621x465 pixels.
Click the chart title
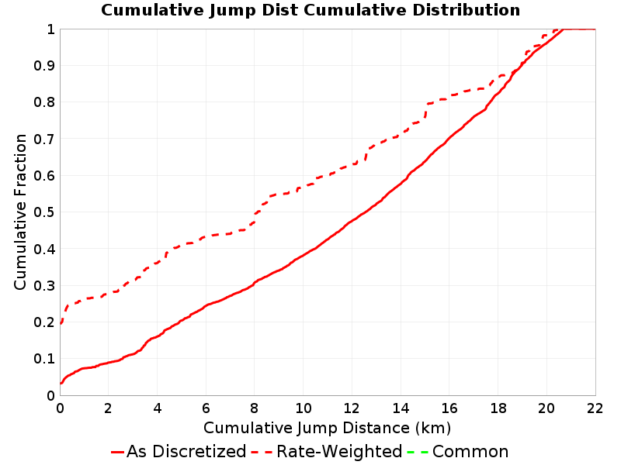[x=310, y=10]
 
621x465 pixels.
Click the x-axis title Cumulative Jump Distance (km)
[x=327, y=428]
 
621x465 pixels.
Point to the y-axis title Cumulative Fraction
[x=20, y=212]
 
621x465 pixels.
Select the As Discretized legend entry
[x=179, y=452]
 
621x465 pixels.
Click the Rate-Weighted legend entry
[x=327, y=452]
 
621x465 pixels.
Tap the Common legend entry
[x=457, y=452]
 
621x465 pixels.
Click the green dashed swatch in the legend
[x=418, y=452]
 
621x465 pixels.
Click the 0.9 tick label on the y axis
[x=44, y=65]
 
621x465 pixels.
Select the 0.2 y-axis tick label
[x=44, y=322]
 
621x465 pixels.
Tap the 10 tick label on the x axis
[x=303, y=408]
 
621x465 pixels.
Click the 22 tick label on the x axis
[x=595, y=408]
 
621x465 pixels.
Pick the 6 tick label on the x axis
[x=206, y=408]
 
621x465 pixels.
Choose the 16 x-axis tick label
[x=449, y=408]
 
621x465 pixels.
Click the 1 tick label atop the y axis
[x=50, y=29]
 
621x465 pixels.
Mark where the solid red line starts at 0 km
[x=61, y=383]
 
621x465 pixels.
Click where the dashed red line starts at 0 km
[x=61, y=323]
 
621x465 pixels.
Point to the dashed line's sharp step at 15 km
[x=426, y=110]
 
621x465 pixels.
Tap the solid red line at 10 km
[x=303, y=256]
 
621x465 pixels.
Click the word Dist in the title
[x=279, y=10]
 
